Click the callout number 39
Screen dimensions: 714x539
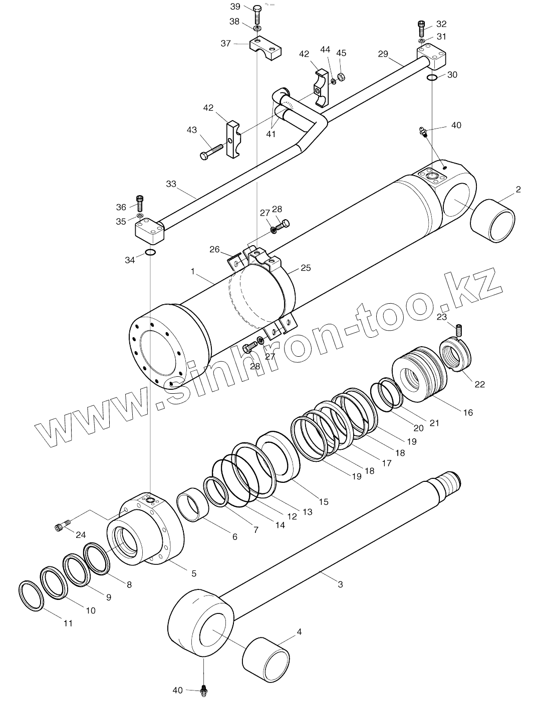click(235, 7)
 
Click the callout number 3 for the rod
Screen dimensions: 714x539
click(340, 584)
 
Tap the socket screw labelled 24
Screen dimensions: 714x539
click(60, 526)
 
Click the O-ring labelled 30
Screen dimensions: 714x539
click(432, 78)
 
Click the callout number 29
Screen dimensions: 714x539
click(383, 54)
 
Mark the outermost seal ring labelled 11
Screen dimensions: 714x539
click(32, 595)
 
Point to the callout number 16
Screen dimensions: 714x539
click(467, 413)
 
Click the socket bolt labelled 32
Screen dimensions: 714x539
click(422, 26)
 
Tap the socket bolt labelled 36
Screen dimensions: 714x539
click(140, 203)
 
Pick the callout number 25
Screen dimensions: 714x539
click(306, 268)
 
